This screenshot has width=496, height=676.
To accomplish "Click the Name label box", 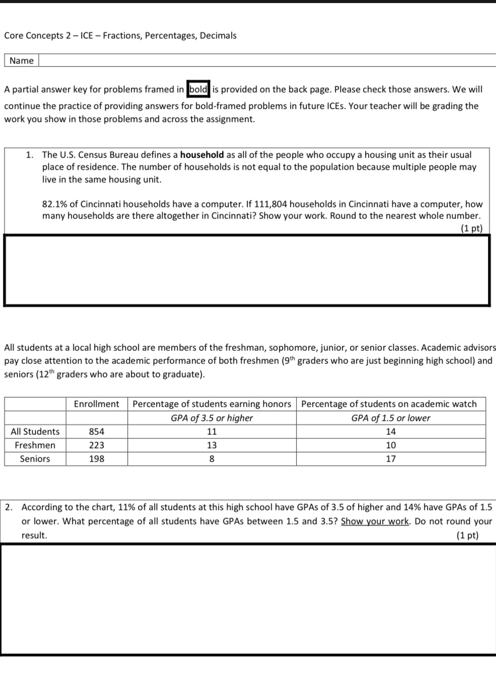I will (x=22, y=61).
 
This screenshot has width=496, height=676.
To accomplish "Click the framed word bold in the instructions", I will (x=198, y=90).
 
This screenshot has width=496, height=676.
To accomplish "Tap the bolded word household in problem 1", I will (x=202, y=155).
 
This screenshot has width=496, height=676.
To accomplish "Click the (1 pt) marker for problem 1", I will (x=471, y=229).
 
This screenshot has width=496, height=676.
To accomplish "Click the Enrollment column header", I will (x=97, y=404).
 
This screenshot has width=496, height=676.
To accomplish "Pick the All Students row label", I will (x=35, y=432).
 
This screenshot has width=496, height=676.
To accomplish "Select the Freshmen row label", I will (x=35, y=445).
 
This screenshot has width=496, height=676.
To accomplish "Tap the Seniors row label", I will (x=35, y=459).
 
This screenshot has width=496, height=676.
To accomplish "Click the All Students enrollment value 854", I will (x=97, y=432).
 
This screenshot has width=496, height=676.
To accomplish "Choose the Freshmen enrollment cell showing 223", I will (x=97, y=445).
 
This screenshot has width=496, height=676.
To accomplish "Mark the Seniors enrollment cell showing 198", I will (x=97, y=459).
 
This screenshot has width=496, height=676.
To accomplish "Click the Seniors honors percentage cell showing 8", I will (x=212, y=459).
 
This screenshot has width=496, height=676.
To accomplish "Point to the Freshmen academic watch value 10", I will (x=391, y=445).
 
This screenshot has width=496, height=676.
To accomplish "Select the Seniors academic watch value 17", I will (x=391, y=459).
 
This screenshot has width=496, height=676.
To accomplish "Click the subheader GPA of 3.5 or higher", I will (x=212, y=418).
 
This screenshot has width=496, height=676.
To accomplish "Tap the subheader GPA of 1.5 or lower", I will (x=391, y=418).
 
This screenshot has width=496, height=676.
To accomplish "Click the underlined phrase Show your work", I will (x=375, y=521).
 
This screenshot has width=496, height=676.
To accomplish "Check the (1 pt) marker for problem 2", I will (x=467, y=536).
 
